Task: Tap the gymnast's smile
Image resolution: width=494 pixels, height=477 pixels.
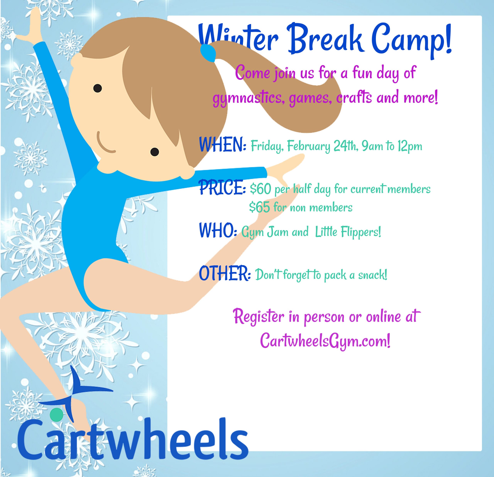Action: [104, 143]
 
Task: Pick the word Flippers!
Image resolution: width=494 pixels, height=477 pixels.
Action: [361, 232]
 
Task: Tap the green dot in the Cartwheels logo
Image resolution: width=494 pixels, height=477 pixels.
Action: [57, 414]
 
